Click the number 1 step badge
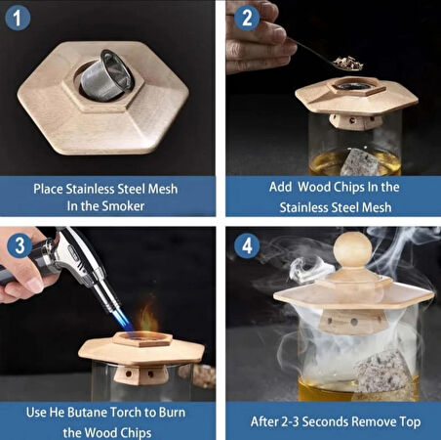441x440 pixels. pyautogui.click(x=18, y=18)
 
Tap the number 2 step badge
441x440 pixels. pyautogui.click(x=247, y=18)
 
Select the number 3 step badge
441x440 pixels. pyautogui.click(x=20, y=245)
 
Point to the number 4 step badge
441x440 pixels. pyautogui.click(x=247, y=245)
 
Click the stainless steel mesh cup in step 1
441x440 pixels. pyautogui.click(x=107, y=74)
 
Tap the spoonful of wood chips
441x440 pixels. pyautogui.click(x=348, y=63)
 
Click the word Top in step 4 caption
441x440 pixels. pyautogui.click(x=410, y=422)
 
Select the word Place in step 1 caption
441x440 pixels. pyautogui.click(x=48, y=189)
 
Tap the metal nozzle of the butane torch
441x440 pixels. pyautogui.click(x=107, y=296)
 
